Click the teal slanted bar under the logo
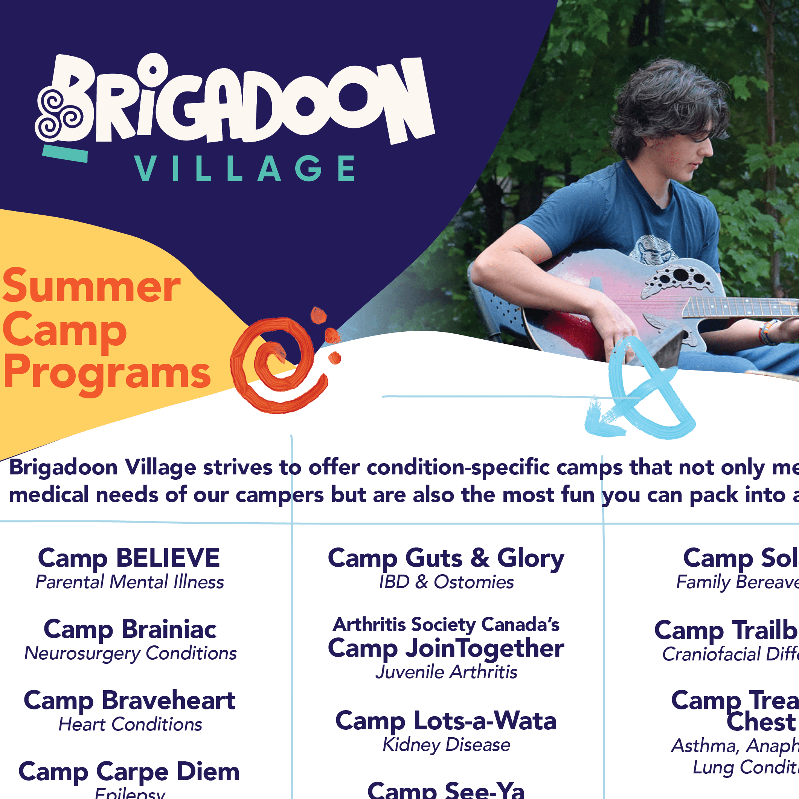[65, 153]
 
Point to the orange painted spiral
[277, 364]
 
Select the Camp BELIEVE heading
[129, 558]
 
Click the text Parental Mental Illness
[130, 582]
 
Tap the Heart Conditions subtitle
[130, 724]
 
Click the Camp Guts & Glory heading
[446, 558]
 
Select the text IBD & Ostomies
[446, 582]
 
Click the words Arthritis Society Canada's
[446, 624]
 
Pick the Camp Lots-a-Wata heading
[446, 721]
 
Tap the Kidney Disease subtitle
[446, 745]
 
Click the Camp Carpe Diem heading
[129, 772]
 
